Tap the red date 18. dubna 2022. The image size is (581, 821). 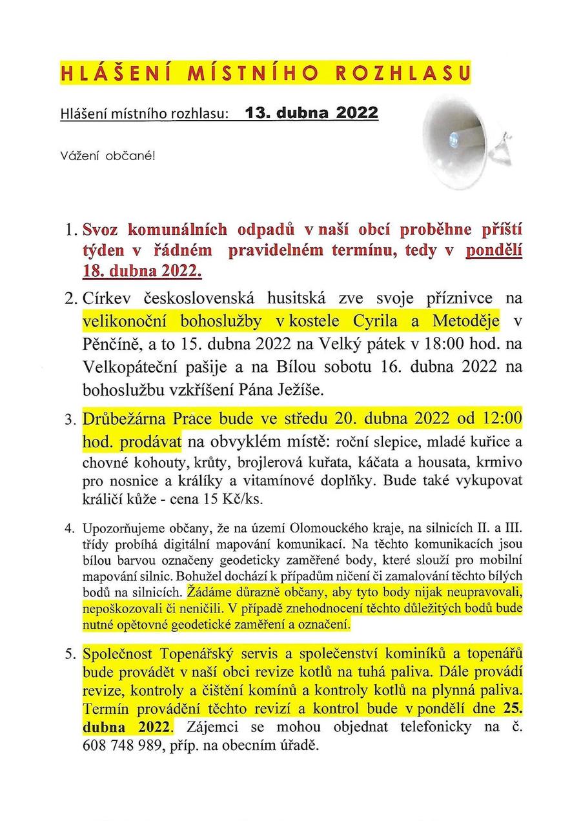coord(142,270)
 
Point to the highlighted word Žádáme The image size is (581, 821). coord(205,591)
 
